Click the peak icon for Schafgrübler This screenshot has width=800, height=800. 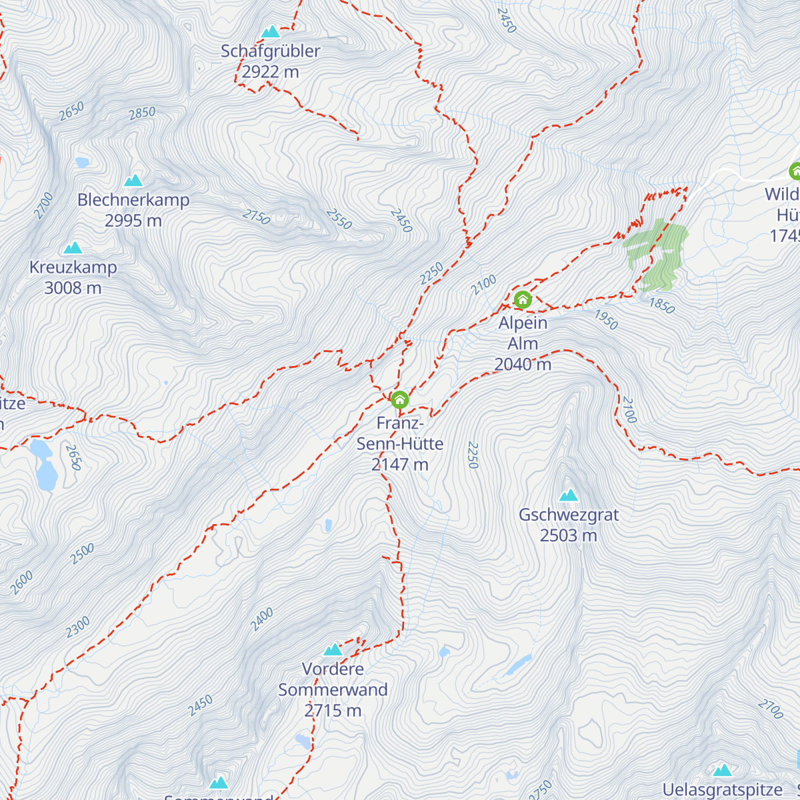270,32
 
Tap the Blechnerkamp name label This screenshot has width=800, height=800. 133,200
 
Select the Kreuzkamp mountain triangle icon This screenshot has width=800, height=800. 73,248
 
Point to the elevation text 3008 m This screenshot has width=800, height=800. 73,288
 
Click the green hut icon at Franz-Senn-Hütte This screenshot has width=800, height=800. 399,399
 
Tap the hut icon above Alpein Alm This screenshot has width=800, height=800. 522,299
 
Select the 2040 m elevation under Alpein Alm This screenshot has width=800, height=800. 523,364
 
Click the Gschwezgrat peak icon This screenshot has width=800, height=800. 568,495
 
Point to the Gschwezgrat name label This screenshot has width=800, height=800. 569,515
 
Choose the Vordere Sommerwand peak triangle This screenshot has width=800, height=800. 333,649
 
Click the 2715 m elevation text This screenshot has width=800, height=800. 333,711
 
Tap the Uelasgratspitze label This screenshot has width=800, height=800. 723,791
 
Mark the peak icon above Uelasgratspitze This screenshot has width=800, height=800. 722,771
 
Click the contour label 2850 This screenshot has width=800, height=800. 142,113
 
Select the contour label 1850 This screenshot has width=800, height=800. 661,305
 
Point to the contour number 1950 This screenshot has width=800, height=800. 606,320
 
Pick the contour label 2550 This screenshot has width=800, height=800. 339,219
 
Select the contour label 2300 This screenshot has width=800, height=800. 77,627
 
